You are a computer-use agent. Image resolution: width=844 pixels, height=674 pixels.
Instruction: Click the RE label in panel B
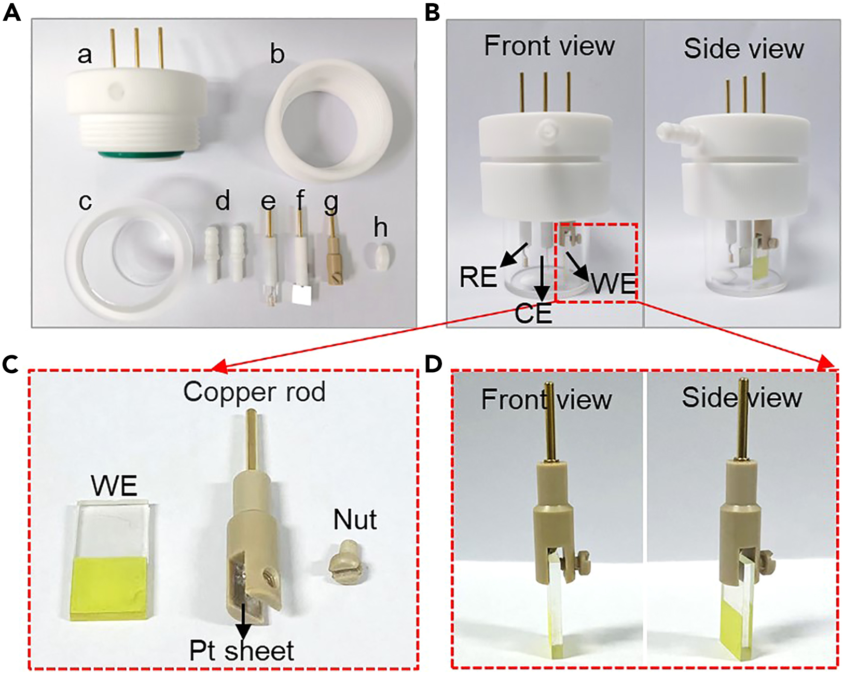[478, 277]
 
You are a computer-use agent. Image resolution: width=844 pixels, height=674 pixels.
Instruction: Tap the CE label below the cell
[533, 314]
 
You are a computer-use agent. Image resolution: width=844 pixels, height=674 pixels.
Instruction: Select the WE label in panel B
[614, 284]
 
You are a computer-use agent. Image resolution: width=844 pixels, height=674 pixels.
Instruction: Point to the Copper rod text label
[254, 392]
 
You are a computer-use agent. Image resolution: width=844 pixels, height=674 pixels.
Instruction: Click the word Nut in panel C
[355, 520]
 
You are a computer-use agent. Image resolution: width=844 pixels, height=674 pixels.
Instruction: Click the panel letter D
[433, 364]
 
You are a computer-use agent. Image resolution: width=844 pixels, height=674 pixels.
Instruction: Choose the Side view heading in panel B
[743, 49]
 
